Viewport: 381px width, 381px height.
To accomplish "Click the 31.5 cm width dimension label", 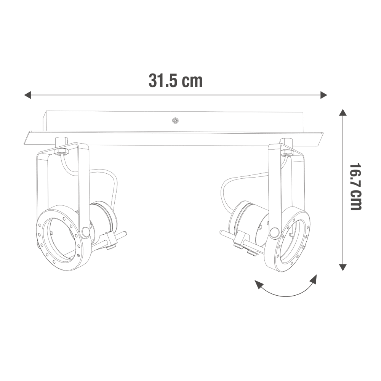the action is pos(175,81).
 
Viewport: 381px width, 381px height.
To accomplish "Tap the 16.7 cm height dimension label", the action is pos(355,187).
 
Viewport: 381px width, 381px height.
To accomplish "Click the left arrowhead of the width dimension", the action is pos(27,95).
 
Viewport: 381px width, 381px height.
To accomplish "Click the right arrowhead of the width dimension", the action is pos(324,95).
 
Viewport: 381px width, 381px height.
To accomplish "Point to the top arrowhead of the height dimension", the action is pos(343,113).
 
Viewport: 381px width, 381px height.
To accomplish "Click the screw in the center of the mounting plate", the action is pos(175,120).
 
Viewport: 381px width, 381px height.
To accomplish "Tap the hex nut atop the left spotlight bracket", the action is pos(61,152).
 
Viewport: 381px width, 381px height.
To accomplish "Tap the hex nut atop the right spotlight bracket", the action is pos(287,152).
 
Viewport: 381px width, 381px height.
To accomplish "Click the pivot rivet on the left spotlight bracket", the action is pos(85,232).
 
